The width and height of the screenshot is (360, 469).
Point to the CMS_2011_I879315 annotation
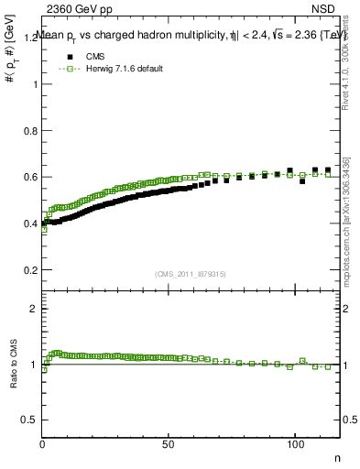click(x=191, y=273)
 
